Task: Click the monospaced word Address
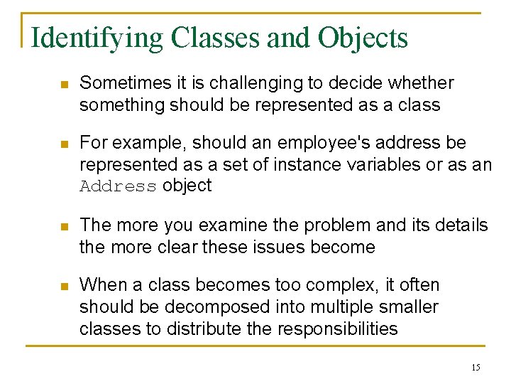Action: click(119, 186)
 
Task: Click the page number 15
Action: click(476, 367)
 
